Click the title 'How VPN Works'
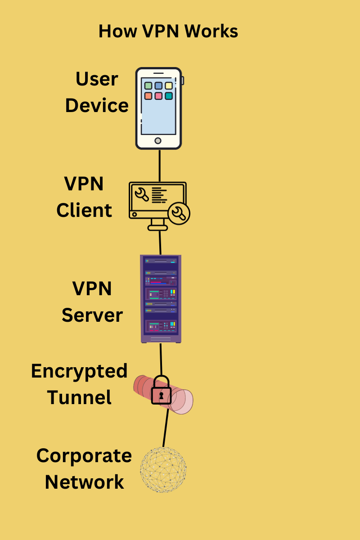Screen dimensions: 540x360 168,31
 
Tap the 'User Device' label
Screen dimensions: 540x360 97,92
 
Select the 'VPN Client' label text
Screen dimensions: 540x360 84,197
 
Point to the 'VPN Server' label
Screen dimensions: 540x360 92,302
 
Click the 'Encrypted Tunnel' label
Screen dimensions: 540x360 79,384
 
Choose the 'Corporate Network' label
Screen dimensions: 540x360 84,468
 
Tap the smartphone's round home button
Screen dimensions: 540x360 158,141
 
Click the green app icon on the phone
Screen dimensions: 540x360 148,85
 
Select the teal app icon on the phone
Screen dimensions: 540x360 169,96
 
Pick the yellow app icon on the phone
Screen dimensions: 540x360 169,85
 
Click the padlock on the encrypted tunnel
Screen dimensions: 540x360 161,391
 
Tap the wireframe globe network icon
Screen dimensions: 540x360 163,470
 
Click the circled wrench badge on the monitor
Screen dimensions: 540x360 179,213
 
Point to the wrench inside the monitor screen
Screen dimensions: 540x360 142,194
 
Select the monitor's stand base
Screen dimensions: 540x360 157,228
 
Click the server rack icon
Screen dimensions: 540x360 161,299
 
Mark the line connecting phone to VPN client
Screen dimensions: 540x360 159,165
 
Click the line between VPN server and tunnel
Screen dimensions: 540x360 161,359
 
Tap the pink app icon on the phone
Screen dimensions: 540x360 158,96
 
